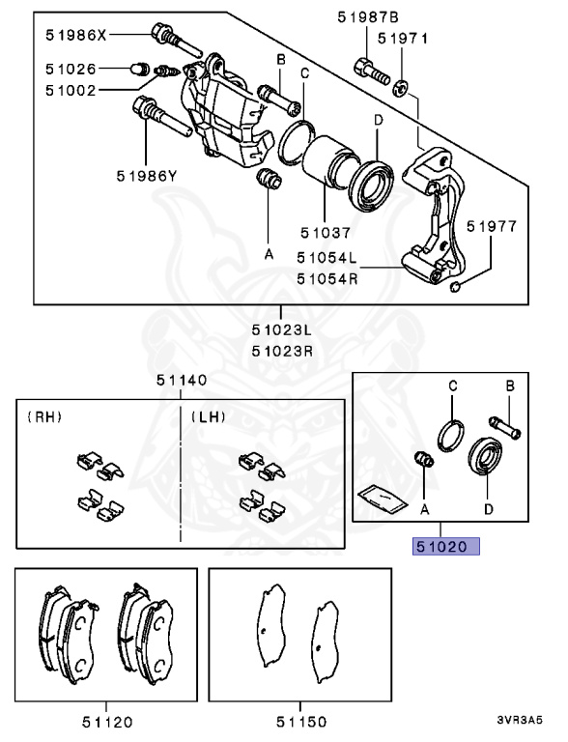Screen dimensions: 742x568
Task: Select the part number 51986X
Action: point(76,36)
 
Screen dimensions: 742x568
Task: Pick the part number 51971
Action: point(402,39)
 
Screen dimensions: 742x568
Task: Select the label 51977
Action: point(492,227)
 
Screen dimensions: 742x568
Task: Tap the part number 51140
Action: point(182,381)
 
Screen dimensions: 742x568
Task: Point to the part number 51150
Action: point(300,721)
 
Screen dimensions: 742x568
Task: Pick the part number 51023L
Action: point(281,331)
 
